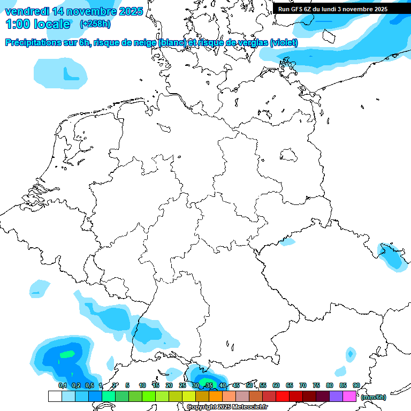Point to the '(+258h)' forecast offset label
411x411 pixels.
[95, 24]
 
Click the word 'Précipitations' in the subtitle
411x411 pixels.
[33, 43]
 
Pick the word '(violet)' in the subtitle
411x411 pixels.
[284, 43]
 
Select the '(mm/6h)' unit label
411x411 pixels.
[374, 397]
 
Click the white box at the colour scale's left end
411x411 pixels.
[55, 397]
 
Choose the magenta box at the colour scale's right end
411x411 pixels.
[349, 397]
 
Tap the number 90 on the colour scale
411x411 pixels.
[356, 386]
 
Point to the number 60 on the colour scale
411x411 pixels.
[276, 386]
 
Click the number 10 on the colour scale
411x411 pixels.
[142, 386]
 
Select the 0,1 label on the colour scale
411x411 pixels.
[62, 386]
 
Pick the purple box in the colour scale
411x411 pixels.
[336, 397]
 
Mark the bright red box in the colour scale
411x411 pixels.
[283, 397]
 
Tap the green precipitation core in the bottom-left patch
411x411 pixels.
[67, 354]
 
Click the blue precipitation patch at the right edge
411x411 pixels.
[393, 257]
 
